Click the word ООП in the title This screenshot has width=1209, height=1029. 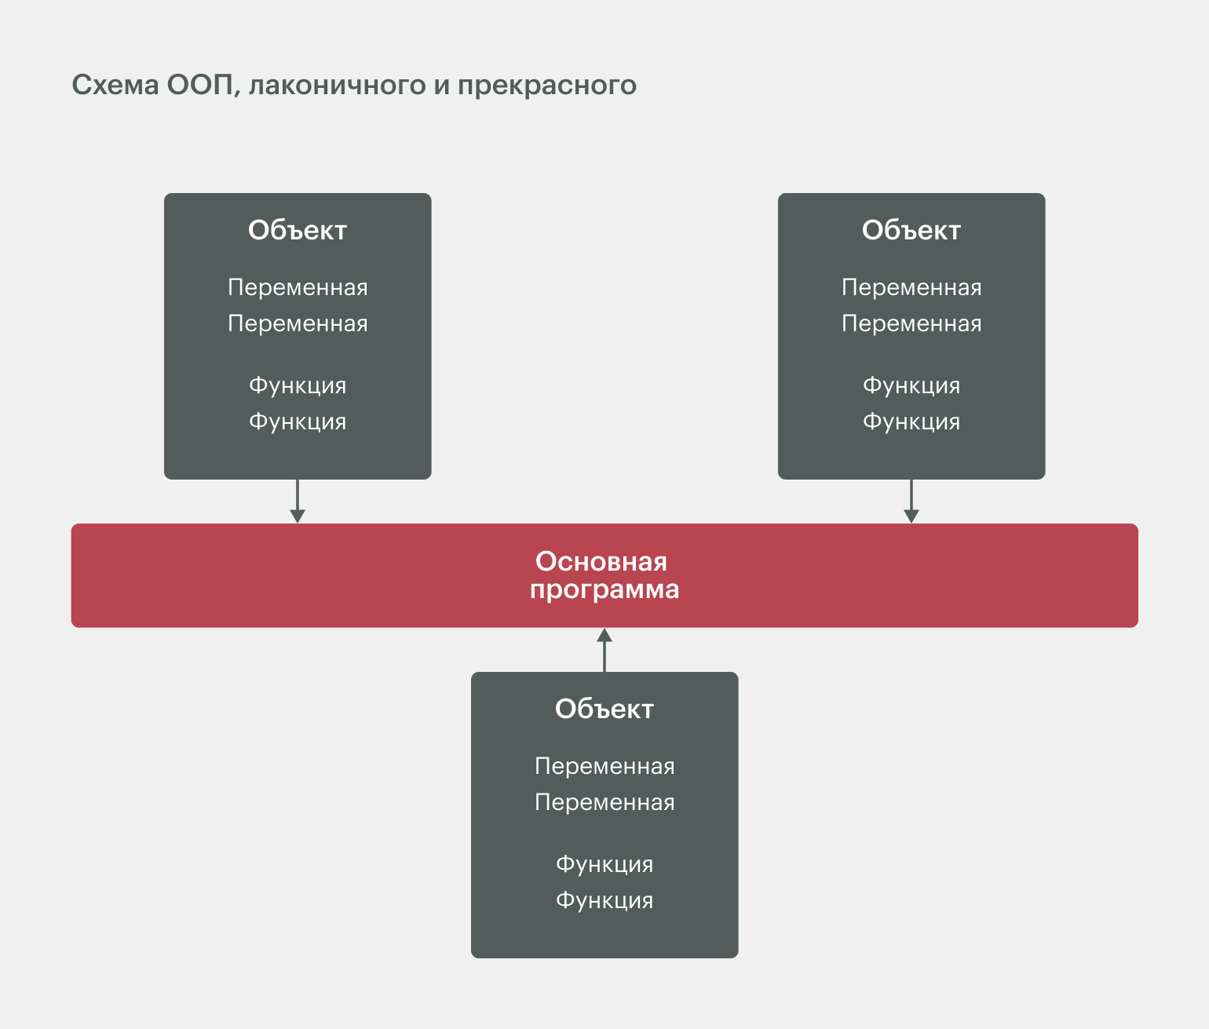pyautogui.click(x=199, y=85)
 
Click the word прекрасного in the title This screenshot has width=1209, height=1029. pyautogui.click(x=546, y=85)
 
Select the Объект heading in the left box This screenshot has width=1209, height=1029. pyautogui.click(x=298, y=230)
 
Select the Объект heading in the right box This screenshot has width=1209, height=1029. pyautogui.click(x=911, y=230)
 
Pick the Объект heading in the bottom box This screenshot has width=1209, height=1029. pyautogui.click(x=604, y=709)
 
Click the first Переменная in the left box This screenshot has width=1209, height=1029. pyautogui.click(x=298, y=287)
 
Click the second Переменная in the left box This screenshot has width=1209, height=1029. pyautogui.click(x=298, y=323)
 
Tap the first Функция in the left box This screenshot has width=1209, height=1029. pyautogui.click(x=298, y=385)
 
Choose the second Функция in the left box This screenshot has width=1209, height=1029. pyautogui.click(x=298, y=421)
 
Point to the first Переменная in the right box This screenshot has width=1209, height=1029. pyautogui.click(x=911, y=287)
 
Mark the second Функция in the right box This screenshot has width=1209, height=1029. pyautogui.click(x=911, y=421)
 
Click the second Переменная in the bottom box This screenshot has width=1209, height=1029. pyautogui.click(x=604, y=802)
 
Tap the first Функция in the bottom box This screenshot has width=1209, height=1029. pyautogui.click(x=604, y=864)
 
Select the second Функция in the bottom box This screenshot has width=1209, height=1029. pyautogui.click(x=604, y=900)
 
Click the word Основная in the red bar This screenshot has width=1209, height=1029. pyautogui.click(x=601, y=561)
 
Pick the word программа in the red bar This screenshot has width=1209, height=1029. pyautogui.click(x=604, y=589)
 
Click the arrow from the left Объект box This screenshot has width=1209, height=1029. pyautogui.click(x=298, y=502)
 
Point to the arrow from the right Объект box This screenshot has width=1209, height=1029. pyautogui.click(x=911, y=502)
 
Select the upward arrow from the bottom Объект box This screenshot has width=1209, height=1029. pyautogui.click(x=604, y=650)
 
